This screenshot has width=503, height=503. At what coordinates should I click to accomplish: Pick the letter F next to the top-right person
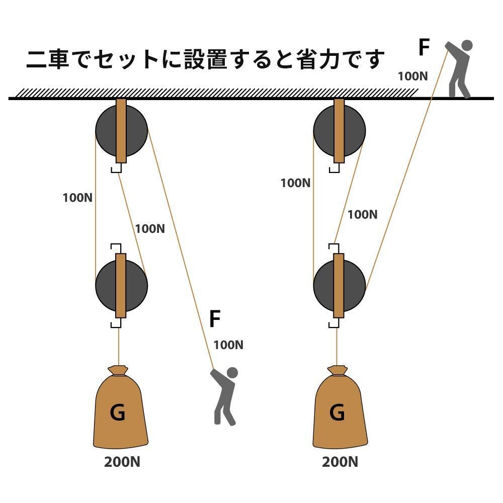pos(425,48)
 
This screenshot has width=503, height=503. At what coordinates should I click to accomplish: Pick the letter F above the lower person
pos(215,319)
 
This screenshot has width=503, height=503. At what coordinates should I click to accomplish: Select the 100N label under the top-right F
pos(413,76)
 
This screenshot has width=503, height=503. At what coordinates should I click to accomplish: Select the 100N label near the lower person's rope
pos(228,345)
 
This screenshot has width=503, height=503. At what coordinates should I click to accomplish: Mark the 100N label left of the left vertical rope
pos(77,198)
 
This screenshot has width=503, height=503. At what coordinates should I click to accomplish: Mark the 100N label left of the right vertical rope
pos(295,183)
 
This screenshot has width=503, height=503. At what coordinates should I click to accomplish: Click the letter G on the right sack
pos(337,413)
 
